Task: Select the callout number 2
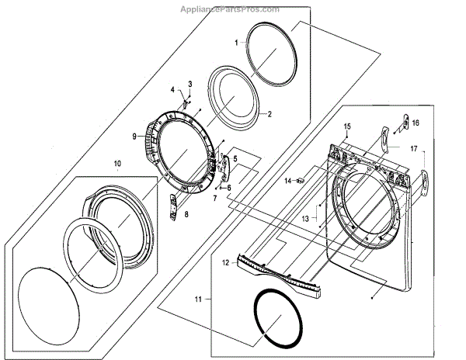[x=269, y=114]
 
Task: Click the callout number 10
[x=117, y=164]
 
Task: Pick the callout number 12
[x=226, y=262]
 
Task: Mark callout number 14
[x=287, y=181]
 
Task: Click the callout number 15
[x=347, y=126]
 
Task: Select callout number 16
[x=416, y=123]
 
